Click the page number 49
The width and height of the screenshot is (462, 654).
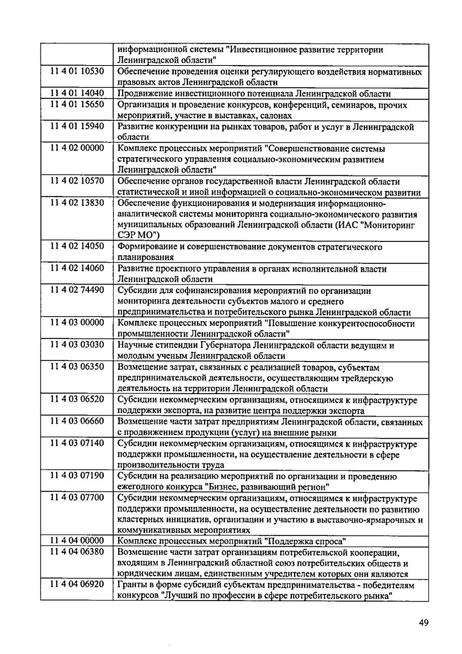(x=423, y=623)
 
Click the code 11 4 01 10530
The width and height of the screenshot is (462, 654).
(x=77, y=72)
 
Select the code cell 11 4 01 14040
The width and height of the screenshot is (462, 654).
(x=77, y=94)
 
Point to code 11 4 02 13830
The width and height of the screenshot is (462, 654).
(x=77, y=203)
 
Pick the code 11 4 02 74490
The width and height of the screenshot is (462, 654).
(x=77, y=290)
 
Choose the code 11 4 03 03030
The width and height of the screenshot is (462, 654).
(x=77, y=345)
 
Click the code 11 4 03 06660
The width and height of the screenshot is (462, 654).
(x=77, y=422)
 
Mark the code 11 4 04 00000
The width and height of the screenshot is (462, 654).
(x=77, y=542)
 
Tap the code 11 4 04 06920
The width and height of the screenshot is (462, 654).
(x=77, y=585)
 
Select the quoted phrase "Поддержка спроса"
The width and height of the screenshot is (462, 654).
(x=305, y=542)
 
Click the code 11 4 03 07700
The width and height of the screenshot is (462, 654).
(x=77, y=498)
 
